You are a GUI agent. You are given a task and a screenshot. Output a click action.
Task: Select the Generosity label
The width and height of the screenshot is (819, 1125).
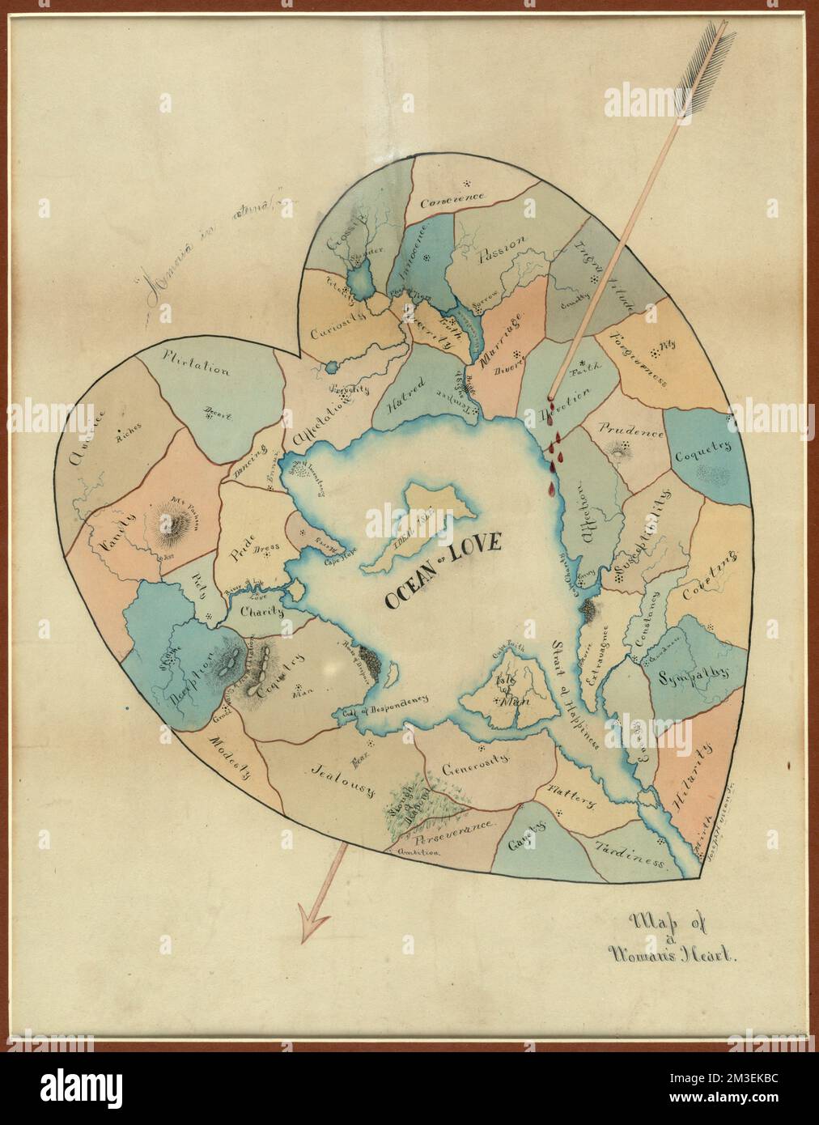pyautogui.click(x=475, y=764)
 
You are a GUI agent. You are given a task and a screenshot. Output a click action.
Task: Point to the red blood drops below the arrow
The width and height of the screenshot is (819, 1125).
pyautogui.click(x=555, y=449)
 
